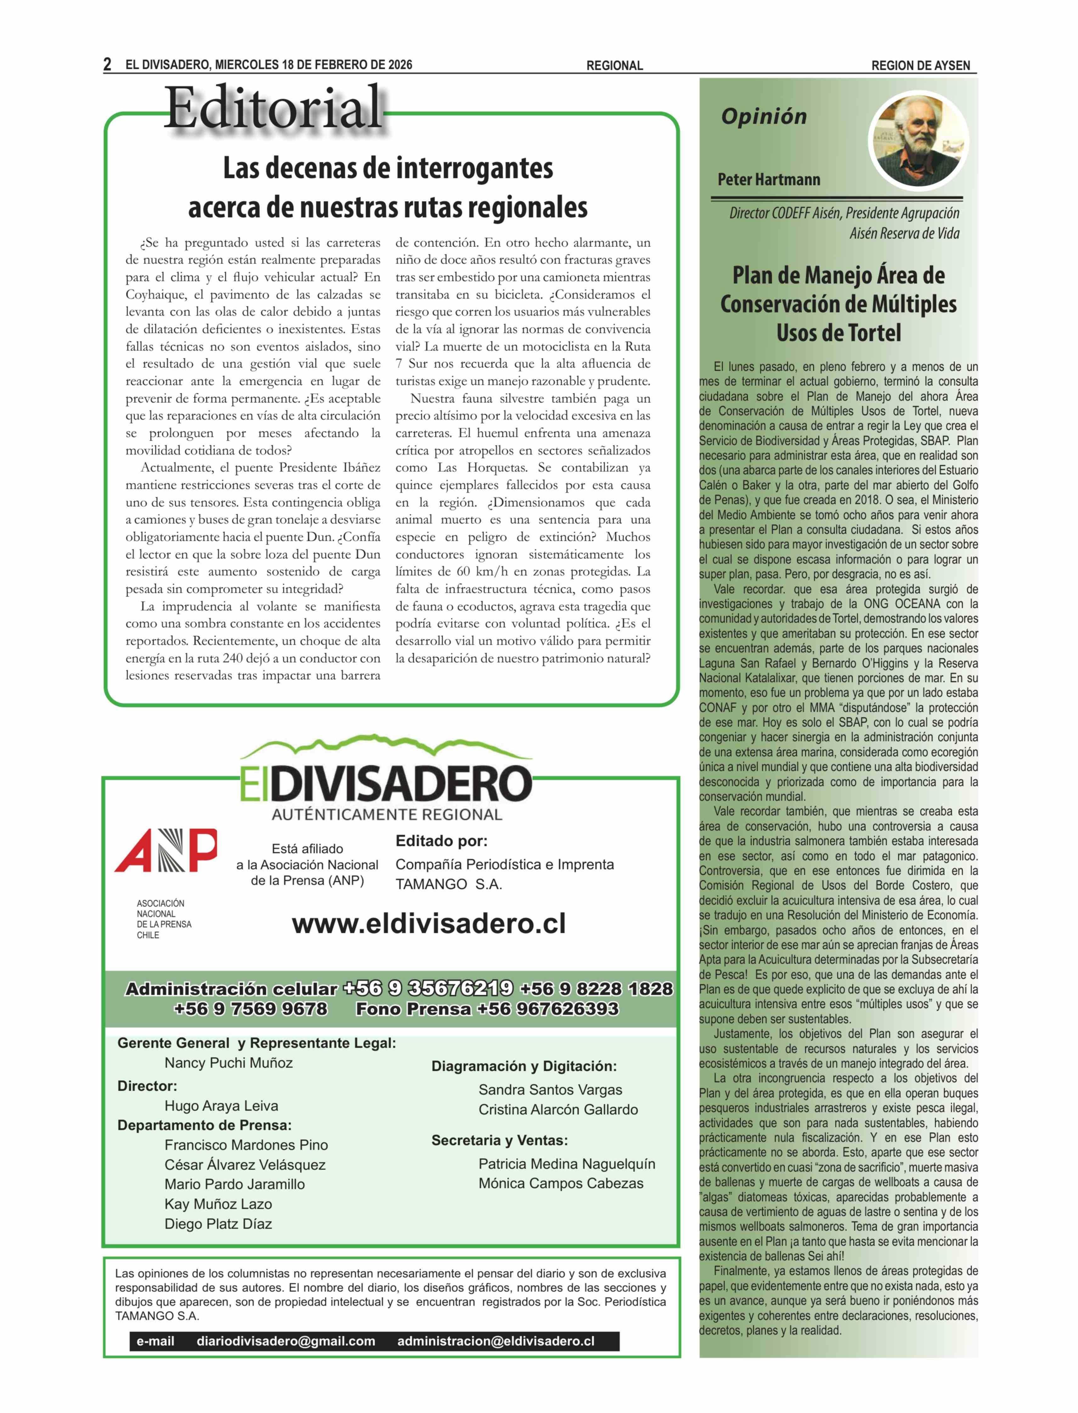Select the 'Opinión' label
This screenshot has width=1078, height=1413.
764,117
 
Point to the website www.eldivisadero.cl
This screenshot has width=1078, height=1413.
429,924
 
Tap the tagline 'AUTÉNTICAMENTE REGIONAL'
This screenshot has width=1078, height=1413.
387,815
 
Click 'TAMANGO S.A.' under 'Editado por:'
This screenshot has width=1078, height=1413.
449,884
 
